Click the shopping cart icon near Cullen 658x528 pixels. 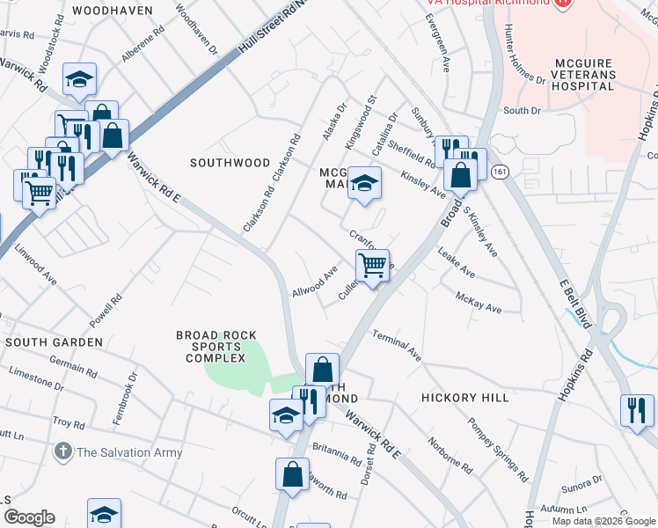[x=373, y=265]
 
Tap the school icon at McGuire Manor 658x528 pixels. [x=364, y=183]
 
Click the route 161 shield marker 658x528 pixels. [x=501, y=170]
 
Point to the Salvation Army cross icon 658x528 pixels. [x=62, y=452]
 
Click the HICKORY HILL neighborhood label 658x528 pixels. [x=464, y=398]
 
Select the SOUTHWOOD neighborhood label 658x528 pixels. [x=230, y=163]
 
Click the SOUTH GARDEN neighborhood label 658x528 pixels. [x=49, y=341]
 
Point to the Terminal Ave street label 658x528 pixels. [x=397, y=345]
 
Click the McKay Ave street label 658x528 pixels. [x=478, y=303]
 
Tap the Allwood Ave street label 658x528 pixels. [x=315, y=283]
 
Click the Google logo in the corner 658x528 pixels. [x=29, y=517]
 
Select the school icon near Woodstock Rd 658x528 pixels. [x=79, y=80]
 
